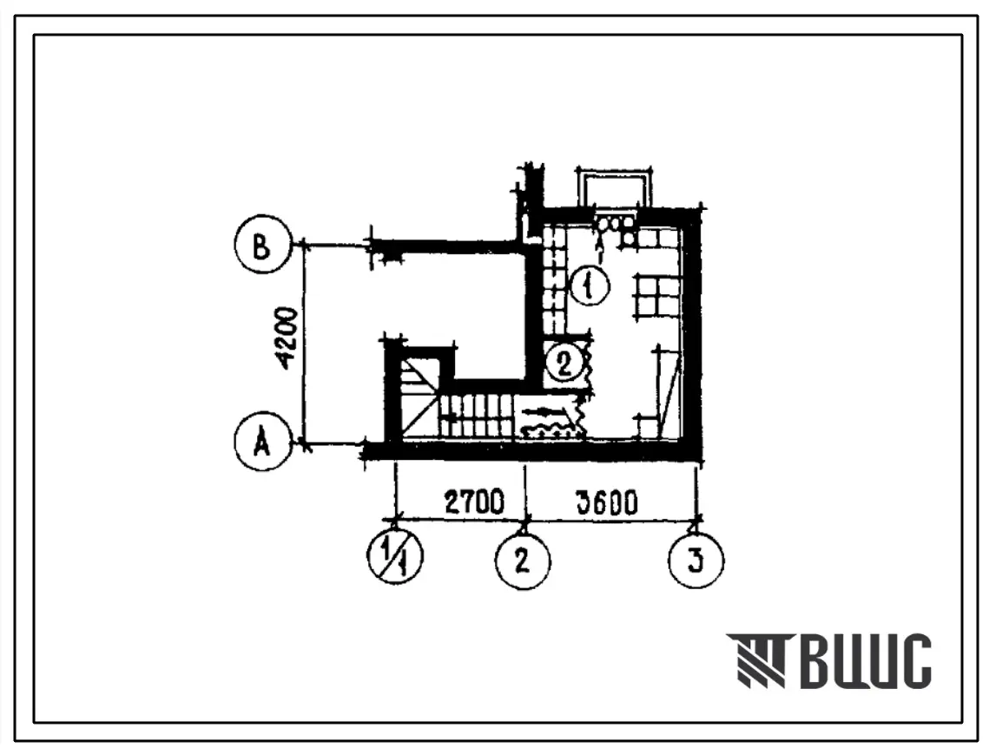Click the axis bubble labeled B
tap(261, 244)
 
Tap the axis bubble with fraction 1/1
tap(395, 556)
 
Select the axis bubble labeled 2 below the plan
tap(523, 561)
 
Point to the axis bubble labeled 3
tap(696, 561)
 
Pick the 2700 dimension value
tap(474, 502)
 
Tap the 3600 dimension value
tap(606, 502)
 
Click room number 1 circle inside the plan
tap(590, 287)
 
